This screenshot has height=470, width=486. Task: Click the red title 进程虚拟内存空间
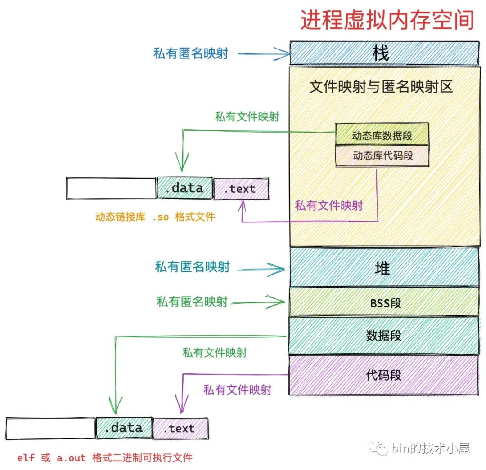pyautogui.click(x=387, y=20)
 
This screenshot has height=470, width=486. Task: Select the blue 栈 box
pyautogui.click(x=384, y=53)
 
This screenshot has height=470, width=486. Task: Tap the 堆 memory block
pyautogui.click(x=384, y=268)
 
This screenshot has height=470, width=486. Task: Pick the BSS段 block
pyautogui.click(x=384, y=302)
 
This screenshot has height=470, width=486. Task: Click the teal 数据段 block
pyautogui.click(x=384, y=335)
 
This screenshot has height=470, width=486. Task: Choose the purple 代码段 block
pyautogui.click(x=384, y=375)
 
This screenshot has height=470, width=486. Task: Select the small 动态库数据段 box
pyautogui.click(x=382, y=135)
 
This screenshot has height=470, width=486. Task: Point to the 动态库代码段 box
pyautogui.click(x=382, y=156)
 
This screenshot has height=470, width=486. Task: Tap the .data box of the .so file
pyautogui.click(x=184, y=188)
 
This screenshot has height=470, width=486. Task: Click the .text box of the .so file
pyautogui.click(x=241, y=189)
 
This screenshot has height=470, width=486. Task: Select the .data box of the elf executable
pyautogui.click(x=124, y=428)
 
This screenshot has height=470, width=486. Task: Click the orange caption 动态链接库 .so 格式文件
pyautogui.click(x=155, y=217)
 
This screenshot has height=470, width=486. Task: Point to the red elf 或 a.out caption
pyautogui.click(x=105, y=458)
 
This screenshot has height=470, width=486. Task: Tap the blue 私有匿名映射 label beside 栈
pyautogui.click(x=191, y=53)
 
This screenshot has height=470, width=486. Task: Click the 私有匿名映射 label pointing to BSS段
pyautogui.click(x=192, y=302)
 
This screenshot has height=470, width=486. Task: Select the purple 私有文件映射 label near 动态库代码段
pyautogui.click(x=329, y=206)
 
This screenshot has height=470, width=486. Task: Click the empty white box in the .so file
pyautogui.click(x=111, y=188)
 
